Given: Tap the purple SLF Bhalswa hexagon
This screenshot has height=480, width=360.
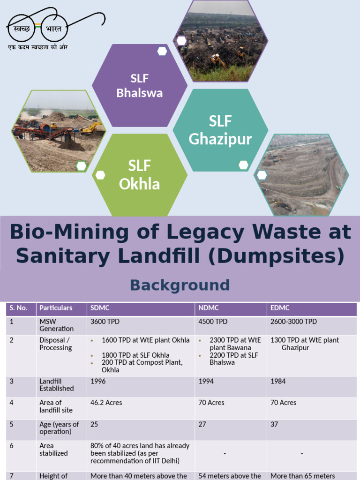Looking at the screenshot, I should [139, 86].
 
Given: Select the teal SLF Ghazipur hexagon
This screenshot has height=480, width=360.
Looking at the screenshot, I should [220, 130].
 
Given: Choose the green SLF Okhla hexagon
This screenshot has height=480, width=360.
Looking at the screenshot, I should [139, 175].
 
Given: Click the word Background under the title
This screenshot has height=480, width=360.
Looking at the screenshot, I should [180, 285].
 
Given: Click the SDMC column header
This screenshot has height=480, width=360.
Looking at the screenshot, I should [99, 308].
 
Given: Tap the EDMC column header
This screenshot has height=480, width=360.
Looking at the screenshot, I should [280, 308].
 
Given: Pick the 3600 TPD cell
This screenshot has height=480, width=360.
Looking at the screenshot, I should [105, 322].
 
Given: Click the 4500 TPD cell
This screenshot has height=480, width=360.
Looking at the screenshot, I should [213, 322].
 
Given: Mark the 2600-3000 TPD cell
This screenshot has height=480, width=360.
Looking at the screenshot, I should [293, 322].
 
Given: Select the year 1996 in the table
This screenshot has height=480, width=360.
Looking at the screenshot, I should [98, 382].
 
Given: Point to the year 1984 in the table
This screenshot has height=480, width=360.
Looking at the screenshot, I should [278, 382].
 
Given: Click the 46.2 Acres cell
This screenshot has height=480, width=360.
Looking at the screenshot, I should [105, 403].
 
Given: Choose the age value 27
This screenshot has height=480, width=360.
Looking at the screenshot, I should [202, 424].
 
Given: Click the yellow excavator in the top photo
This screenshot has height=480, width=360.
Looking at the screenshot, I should [217, 60].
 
